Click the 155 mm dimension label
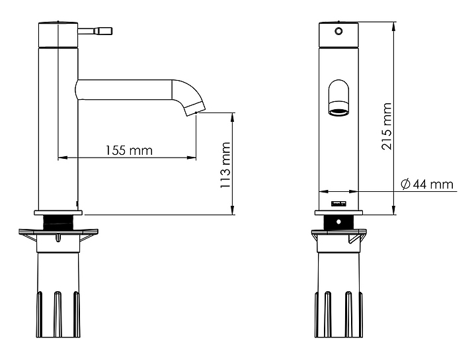click(x=129, y=150)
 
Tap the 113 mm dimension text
click(x=225, y=165)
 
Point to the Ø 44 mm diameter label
click(x=427, y=184)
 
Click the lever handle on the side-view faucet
click(x=97, y=30)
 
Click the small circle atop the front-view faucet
click(x=338, y=31)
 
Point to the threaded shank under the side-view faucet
click(x=59, y=222)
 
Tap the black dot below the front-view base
click(x=338, y=221)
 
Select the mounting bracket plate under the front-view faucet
click(x=338, y=234)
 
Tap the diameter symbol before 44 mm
click(x=405, y=184)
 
